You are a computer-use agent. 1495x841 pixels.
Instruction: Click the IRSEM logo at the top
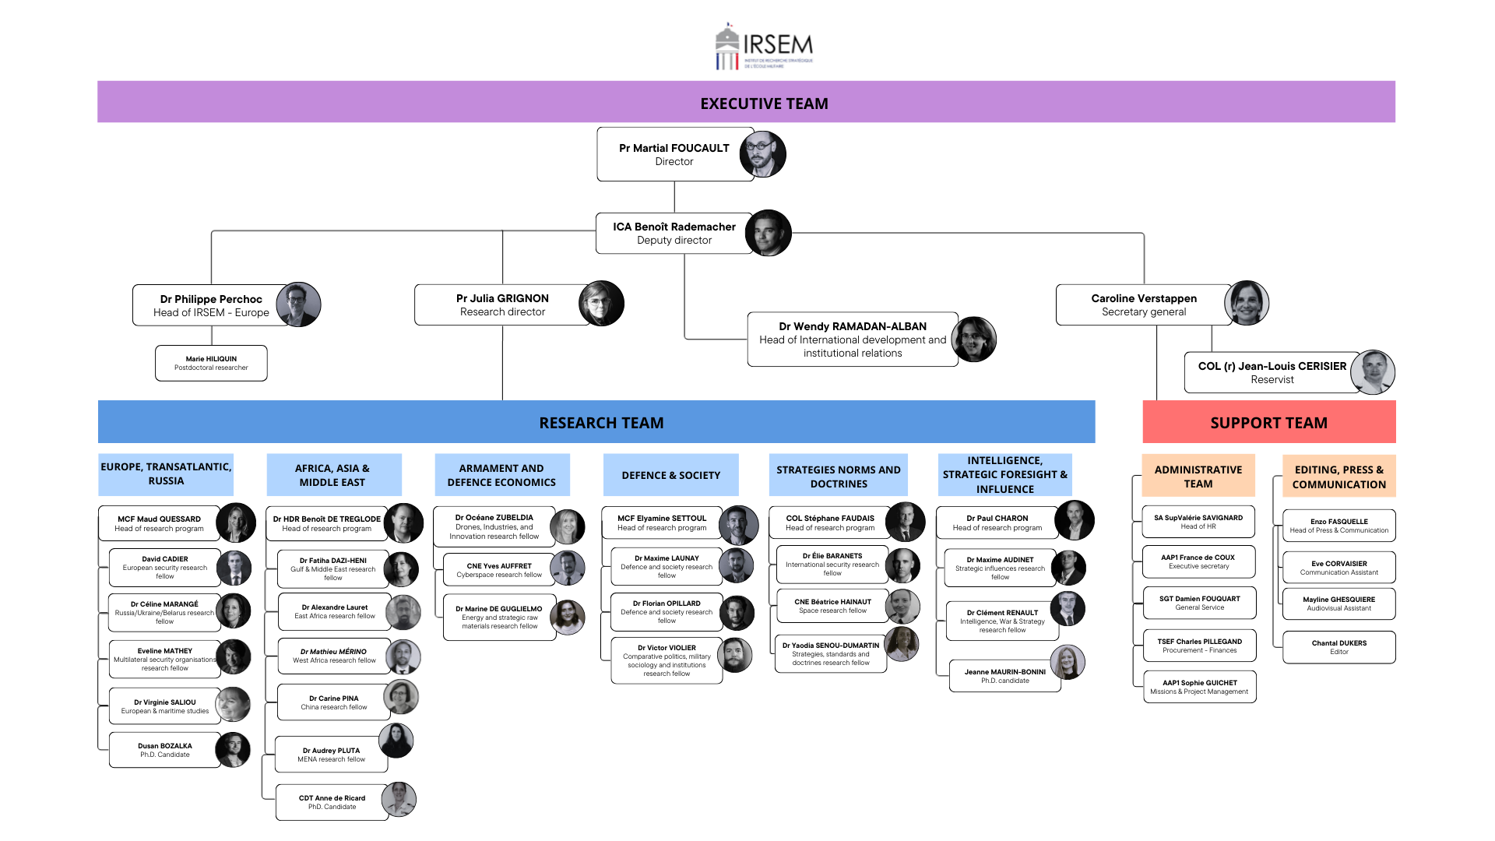tap(763, 48)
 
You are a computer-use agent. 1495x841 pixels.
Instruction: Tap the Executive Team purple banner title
tap(763, 104)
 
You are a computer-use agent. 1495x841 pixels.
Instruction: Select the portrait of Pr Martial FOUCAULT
tap(762, 154)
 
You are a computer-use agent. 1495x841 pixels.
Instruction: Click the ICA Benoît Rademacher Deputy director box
tap(674, 234)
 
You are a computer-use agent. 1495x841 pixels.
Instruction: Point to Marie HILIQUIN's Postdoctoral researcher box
tap(211, 364)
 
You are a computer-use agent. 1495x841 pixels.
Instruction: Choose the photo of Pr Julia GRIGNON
tap(601, 304)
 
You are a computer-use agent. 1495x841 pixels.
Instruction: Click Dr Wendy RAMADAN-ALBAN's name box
tap(852, 340)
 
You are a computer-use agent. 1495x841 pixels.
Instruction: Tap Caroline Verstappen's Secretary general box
tap(1143, 305)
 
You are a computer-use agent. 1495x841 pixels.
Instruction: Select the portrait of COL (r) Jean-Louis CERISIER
tap(1372, 372)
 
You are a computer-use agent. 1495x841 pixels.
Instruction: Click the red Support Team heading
tap(1268, 423)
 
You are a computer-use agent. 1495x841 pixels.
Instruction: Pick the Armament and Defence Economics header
tap(501, 475)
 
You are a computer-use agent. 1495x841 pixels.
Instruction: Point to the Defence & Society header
tap(670, 475)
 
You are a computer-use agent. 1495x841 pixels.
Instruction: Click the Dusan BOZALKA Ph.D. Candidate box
tap(165, 750)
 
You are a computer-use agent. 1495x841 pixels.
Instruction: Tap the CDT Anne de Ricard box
tap(332, 802)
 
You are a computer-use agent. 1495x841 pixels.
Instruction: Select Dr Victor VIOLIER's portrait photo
tap(734, 656)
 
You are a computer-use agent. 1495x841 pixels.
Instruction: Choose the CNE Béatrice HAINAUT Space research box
tap(832, 606)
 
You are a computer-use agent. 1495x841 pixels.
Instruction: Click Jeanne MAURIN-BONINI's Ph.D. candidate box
tap(1004, 676)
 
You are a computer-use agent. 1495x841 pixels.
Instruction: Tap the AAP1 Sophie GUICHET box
tap(1199, 687)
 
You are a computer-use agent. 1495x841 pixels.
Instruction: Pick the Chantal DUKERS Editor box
tap(1338, 647)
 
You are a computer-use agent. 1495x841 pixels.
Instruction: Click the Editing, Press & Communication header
tap(1338, 477)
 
